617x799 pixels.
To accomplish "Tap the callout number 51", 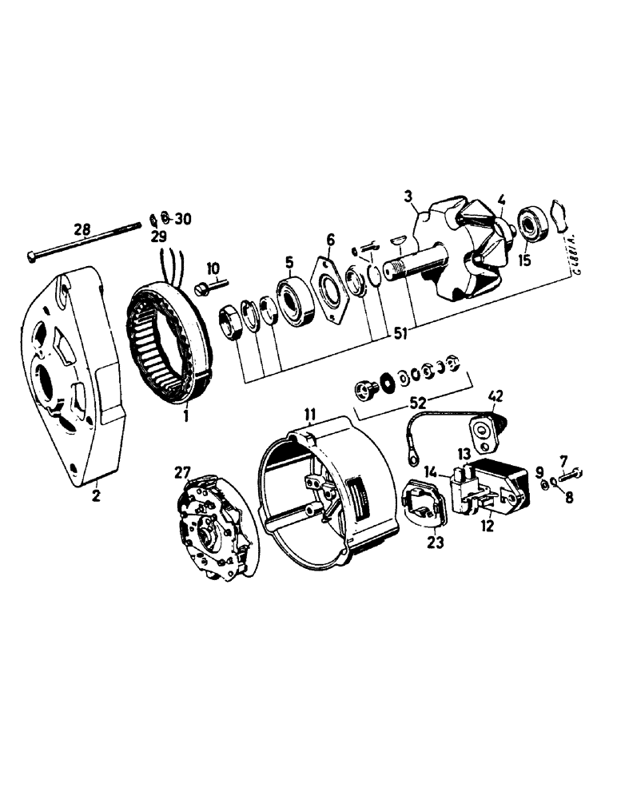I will point(400,336).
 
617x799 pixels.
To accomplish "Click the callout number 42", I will point(496,394).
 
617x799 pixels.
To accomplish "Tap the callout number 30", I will point(182,218).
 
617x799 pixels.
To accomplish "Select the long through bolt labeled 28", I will point(88,244).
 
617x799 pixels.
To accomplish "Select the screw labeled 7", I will point(570,477).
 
